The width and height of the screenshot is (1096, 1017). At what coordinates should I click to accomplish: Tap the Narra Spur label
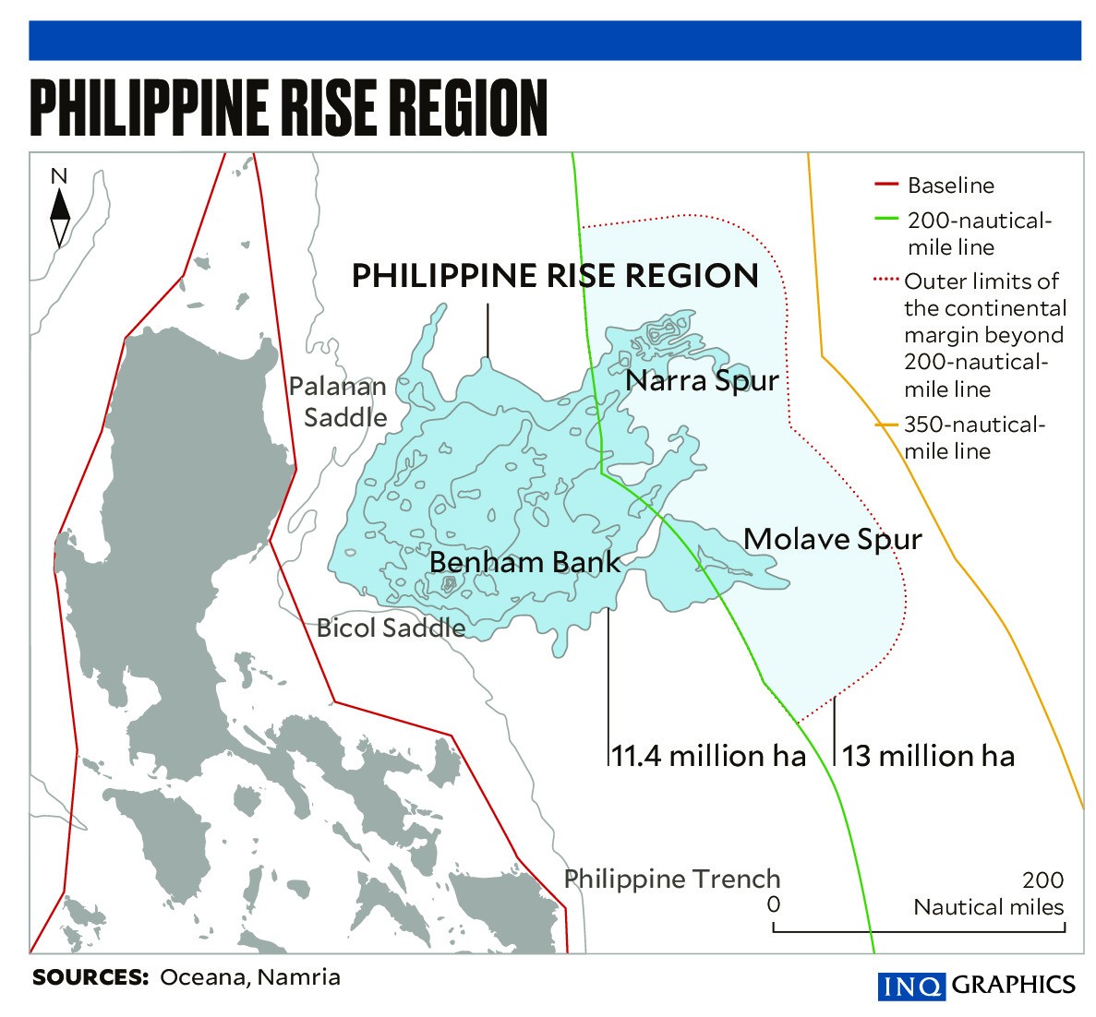point(702,380)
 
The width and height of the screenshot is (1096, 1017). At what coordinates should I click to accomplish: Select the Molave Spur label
point(832,539)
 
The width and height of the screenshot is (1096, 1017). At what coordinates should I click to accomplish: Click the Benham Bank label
point(524,561)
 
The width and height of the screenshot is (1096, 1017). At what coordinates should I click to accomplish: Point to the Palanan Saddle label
point(338,401)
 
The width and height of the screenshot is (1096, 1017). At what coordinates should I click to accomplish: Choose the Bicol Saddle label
point(391,628)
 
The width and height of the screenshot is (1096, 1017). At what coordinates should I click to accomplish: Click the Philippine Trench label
point(672,879)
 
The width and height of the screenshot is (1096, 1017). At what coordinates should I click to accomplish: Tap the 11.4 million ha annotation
point(708,756)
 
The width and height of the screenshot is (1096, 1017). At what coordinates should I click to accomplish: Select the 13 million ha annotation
point(928,756)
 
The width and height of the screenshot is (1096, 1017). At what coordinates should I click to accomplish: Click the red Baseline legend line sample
point(885,185)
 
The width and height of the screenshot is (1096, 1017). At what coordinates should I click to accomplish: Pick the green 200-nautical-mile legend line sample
point(885,220)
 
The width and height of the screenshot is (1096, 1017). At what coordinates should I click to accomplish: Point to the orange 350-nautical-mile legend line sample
point(887,425)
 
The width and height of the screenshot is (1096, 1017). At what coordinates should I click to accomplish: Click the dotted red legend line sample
point(885,280)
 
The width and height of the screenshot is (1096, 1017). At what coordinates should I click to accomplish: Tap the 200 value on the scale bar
point(1042,880)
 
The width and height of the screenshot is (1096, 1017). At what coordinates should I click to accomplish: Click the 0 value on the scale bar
point(774,903)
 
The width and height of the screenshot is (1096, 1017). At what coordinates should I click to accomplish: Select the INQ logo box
point(911,986)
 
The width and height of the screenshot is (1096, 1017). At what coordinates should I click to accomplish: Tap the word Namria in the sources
point(298,977)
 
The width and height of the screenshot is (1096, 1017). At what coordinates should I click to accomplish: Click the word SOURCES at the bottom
point(90,977)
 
